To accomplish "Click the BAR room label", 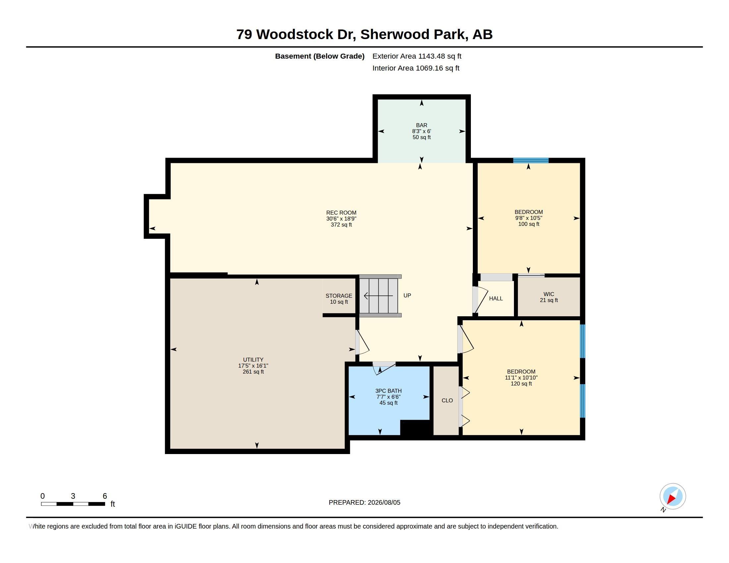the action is click(x=421, y=126).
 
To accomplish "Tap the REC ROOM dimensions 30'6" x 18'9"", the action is click(x=341, y=219).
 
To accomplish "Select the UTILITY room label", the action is click(x=253, y=360).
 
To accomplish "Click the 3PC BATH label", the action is click(x=388, y=391).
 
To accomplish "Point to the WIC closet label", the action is click(x=549, y=294).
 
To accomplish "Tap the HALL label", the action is click(x=496, y=298).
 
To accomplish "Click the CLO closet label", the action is click(x=447, y=401).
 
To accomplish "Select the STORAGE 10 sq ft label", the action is click(x=339, y=299).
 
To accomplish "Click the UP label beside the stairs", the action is click(x=407, y=295).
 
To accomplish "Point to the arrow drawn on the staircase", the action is click(x=378, y=296).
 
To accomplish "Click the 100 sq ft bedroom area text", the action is click(x=529, y=224).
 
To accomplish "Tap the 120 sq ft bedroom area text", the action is click(x=521, y=384).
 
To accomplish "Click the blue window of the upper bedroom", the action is click(x=531, y=160).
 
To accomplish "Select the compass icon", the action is click(x=673, y=496).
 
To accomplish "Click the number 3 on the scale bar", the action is click(x=73, y=496).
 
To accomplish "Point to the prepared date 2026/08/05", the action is click(x=384, y=503).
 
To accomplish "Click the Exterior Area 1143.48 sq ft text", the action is click(x=417, y=56).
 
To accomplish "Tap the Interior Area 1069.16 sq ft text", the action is click(x=416, y=68).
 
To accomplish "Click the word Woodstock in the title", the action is click(x=295, y=34).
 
